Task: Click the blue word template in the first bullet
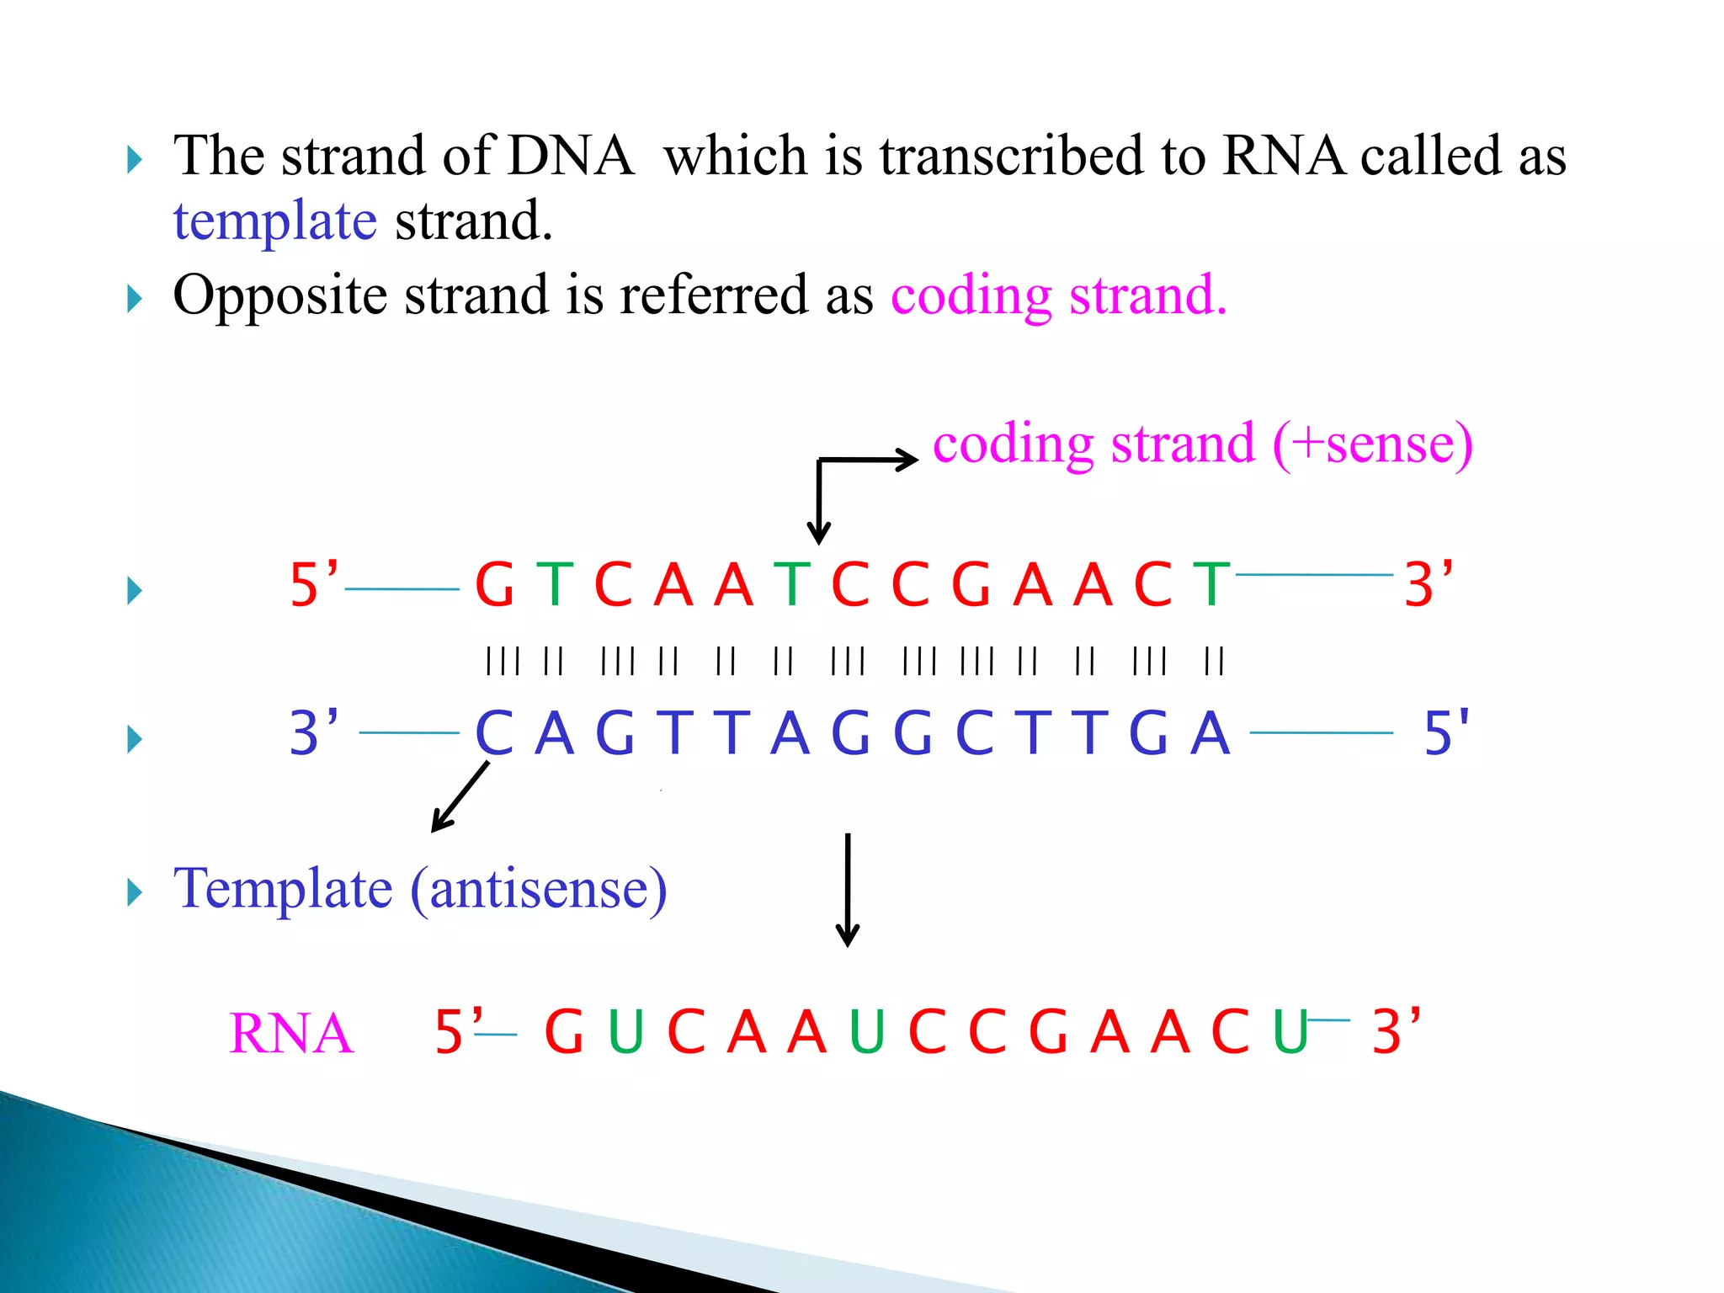pyautogui.click(x=274, y=222)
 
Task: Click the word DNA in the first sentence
pyautogui.click(x=570, y=157)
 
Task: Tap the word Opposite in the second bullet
pyautogui.click(x=279, y=295)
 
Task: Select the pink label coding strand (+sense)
pyautogui.click(x=1202, y=444)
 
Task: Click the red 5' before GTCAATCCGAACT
pyautogui.click(x=313, y=584)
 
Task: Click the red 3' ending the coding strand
pyautogui.click(x=1428, y=584)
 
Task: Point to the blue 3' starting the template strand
pyautogui.click(x=313, y=732)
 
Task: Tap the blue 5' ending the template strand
pyautogui.click(x=1445, y=732)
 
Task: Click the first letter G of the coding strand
pyautogui.click(x=494, y=585)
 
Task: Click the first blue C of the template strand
pyautogui.click(x=494, y=733)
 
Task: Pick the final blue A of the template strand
pyautogui.click(x=1211, y=733)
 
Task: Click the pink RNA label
pyautogui.click(x=290, y=1034)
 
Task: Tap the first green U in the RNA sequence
pyautogui.click(x=625, y=1032)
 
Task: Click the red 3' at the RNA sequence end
pyautogui.click(x=1395, y=1031)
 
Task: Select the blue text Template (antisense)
pyautogui.click(x=419, y=889)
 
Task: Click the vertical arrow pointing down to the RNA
pyautogui.click(x=847, y=890)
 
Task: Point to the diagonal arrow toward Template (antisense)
pyautogui.click(x=460, y=796)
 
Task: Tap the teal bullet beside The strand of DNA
pyautogui.click(x=134, y=159)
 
